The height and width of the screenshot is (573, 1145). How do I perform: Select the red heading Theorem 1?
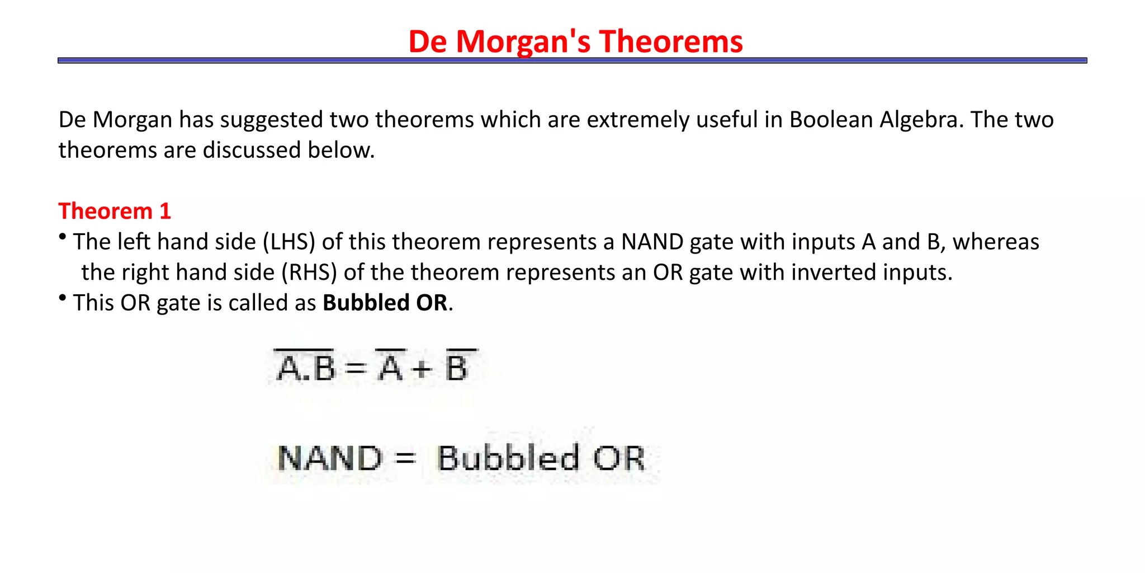point(115,212)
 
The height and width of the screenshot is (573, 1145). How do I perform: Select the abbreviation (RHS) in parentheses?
point(309,273)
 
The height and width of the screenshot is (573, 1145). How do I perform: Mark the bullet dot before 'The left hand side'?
point(63,237)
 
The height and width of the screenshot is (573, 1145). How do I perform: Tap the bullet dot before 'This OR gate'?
point(63,298)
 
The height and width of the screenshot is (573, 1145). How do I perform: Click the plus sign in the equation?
point(422,369)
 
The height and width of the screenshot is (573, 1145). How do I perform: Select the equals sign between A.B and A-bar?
point(356,368)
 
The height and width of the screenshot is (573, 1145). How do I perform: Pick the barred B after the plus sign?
point(457,367)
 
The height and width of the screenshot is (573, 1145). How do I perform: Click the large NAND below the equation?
point(330,458)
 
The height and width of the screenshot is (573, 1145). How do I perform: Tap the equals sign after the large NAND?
point(405,459)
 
